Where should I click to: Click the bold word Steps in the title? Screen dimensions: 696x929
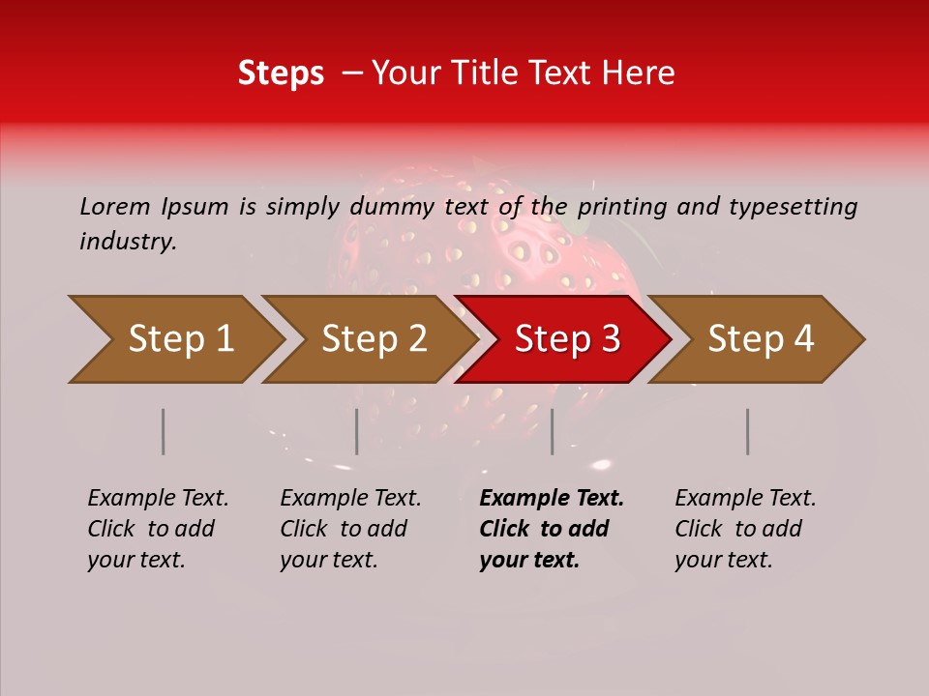tap(281, 73)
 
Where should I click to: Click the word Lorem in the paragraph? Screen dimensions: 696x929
tap(114, 206)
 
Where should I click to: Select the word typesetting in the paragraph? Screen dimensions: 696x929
tap(793, 206)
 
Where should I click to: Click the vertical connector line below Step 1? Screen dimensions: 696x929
tap(164, 431)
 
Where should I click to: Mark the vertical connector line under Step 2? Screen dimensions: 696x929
tap(357, 431)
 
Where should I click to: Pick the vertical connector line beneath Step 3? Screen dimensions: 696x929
tap(553, 431)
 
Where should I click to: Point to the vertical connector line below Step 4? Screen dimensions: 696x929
tap(748, 431)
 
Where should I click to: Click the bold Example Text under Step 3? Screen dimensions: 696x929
tap(552, 499)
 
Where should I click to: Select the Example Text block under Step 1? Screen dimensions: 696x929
tap(158, 529)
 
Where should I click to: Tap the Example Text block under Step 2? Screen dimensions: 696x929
tap(350, 529)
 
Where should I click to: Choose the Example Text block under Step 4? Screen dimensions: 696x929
tap(745, 529)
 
